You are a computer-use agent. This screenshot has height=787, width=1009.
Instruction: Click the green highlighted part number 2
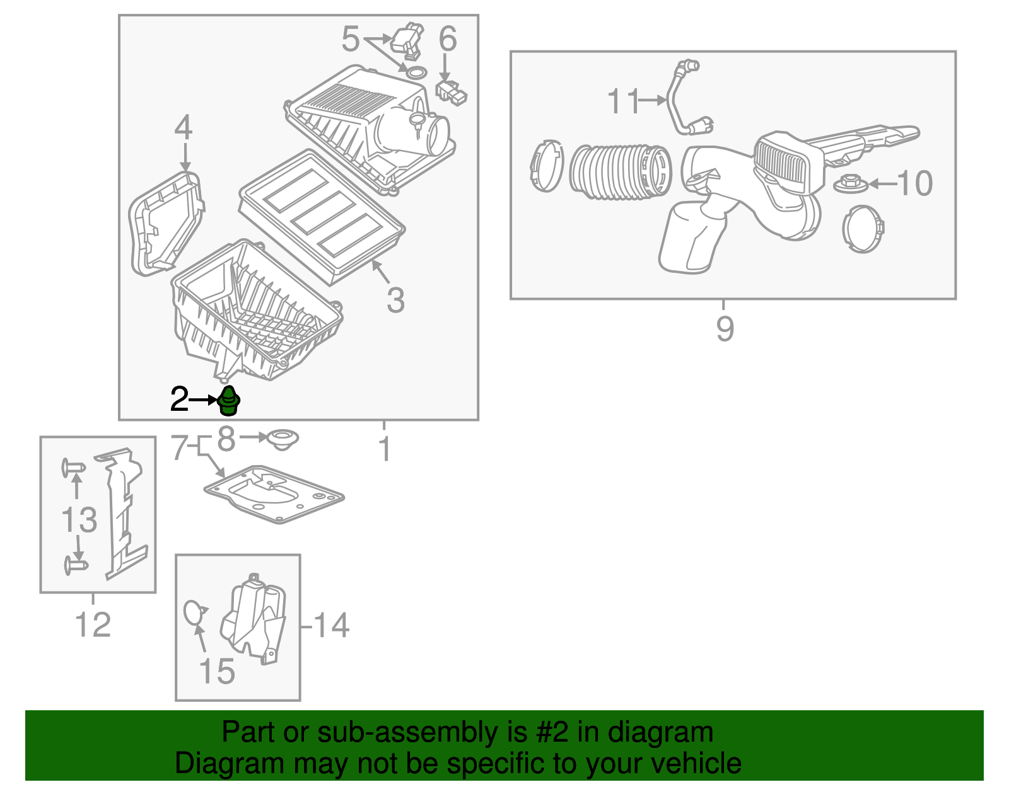[229, 401]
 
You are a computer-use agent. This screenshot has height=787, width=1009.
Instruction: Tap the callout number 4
[184, 128]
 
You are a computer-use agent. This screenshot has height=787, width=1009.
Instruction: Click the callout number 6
[447, 40]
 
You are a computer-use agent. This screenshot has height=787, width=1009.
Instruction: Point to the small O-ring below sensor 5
[415, 72]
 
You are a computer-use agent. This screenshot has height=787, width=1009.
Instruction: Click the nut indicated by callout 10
[851, 185]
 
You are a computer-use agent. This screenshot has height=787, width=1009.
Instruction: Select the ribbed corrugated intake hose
[621, 173]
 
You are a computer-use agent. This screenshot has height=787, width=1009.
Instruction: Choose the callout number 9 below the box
[725, 329]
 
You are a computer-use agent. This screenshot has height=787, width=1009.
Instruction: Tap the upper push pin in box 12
[73, 468]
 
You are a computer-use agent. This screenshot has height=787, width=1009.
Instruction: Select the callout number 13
[79, 520]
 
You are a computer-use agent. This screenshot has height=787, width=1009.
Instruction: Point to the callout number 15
[216, 672]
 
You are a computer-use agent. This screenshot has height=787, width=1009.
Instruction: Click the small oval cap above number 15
[194, 612]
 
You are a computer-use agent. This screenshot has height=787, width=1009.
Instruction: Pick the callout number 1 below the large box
[384, 450]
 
